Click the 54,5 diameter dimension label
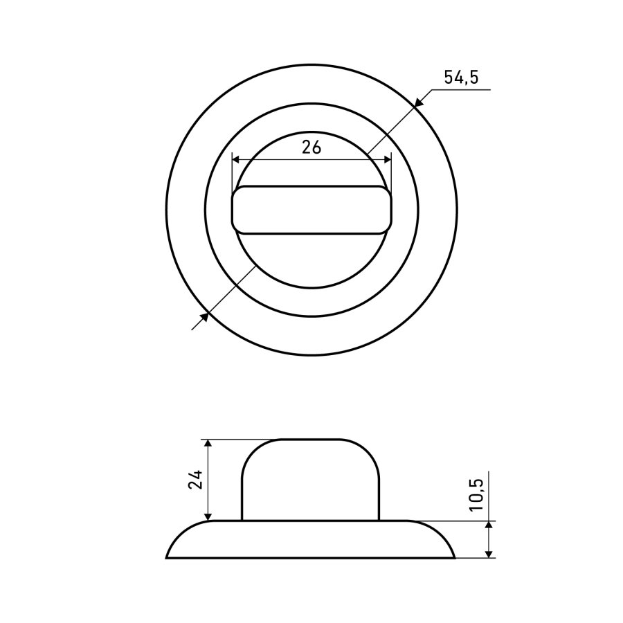(x=461, y=77)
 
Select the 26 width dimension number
(x=311, y=147)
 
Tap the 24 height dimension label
(x=196, y=479)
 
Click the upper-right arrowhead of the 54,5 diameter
(x=417, y=102)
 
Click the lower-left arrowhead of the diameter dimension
(x=204, y=317)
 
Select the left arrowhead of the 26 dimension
(x=237, y=160)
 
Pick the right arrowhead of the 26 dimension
(x=386, y=160)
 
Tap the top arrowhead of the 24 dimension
(x=208, y=444)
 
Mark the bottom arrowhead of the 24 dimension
(x=208, y=515)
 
